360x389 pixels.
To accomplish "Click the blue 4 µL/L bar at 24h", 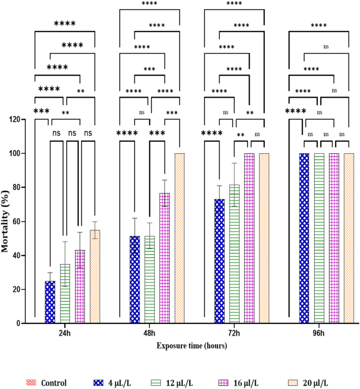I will coord(50,302).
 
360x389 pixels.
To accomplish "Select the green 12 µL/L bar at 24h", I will coord(65,293).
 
